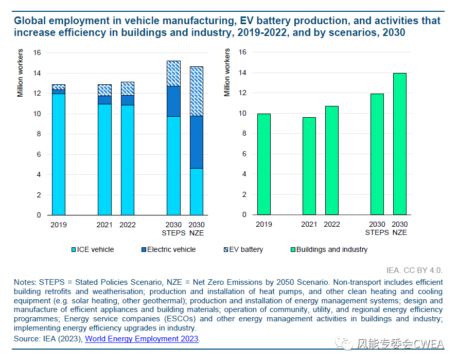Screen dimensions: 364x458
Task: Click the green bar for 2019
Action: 264,164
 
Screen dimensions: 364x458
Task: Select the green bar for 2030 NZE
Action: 400,144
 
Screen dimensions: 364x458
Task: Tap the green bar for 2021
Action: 309,166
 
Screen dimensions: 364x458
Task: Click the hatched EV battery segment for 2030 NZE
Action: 197,91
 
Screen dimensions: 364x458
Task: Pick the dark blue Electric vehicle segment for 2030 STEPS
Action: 174,101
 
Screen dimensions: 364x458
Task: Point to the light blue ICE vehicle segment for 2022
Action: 128,159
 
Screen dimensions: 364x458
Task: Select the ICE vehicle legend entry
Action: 92,249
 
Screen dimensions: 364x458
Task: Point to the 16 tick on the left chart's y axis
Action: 37,52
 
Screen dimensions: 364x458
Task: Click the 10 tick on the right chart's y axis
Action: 243,114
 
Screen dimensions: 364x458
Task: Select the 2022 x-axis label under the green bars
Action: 332,225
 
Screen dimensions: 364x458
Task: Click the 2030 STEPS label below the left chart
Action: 174,229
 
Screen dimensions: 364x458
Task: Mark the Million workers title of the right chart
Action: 227,72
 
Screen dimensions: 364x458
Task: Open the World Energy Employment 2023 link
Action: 142,339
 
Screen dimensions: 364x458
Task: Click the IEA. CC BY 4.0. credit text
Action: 414,269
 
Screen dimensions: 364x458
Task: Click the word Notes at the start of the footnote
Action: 24,282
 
